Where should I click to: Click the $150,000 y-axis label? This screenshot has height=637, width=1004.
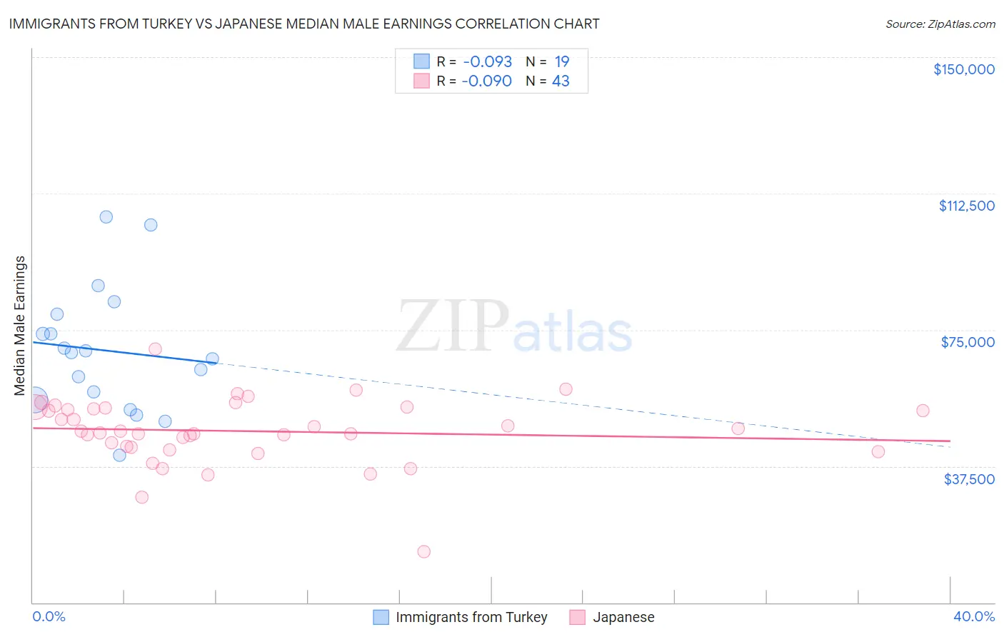(x=963, y=69)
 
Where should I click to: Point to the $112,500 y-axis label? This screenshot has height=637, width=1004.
(x=966, y=206)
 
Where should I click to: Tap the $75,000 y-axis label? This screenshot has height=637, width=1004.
(x=968, y=342)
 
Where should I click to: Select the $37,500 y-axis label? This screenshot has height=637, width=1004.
(x=969, y=478)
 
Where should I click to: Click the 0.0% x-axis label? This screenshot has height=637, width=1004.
(x=49, y=616)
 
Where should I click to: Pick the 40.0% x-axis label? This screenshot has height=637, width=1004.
(x=973, y=616)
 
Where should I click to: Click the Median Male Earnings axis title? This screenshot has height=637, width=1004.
(x=20, y=325)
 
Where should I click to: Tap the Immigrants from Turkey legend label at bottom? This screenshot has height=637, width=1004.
(x=471, y=617)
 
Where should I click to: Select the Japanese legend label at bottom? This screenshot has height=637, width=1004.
(x=623, y=617)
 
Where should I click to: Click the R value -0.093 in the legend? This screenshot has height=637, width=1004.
(x=487, y=62)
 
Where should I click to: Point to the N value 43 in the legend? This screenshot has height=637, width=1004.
(x=561, y=81)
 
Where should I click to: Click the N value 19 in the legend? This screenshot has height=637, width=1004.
(x=562, y=62)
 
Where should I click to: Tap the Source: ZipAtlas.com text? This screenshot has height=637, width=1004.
(x=940, y=24)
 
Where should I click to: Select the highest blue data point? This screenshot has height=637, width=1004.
(x=106, y=217)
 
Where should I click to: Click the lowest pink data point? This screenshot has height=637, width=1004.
(x=423, y=551)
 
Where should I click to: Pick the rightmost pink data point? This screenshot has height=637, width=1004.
(x=923, y=411)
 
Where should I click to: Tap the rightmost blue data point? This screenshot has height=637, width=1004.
(x=212, y=358)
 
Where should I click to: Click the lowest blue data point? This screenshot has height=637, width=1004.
(x=119, y=455)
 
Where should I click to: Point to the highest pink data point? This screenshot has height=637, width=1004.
(x=155, y=349)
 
